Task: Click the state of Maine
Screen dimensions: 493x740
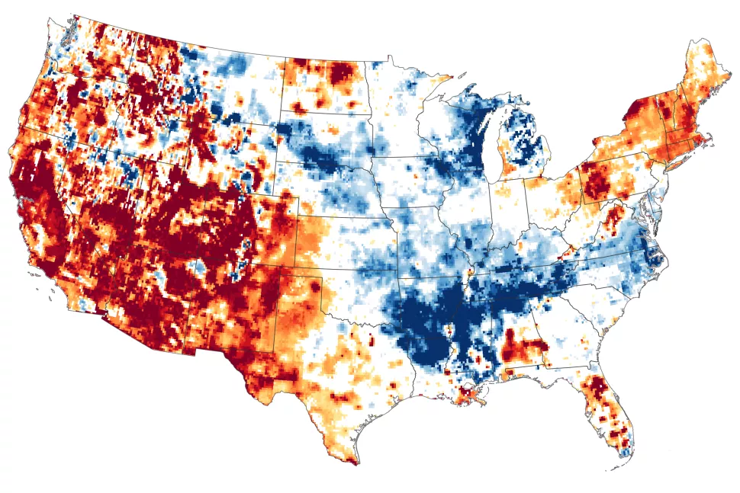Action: point(702,76)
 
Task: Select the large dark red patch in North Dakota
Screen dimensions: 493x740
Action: point(339,76)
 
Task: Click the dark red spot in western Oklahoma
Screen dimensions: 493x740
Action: point(314,288)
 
